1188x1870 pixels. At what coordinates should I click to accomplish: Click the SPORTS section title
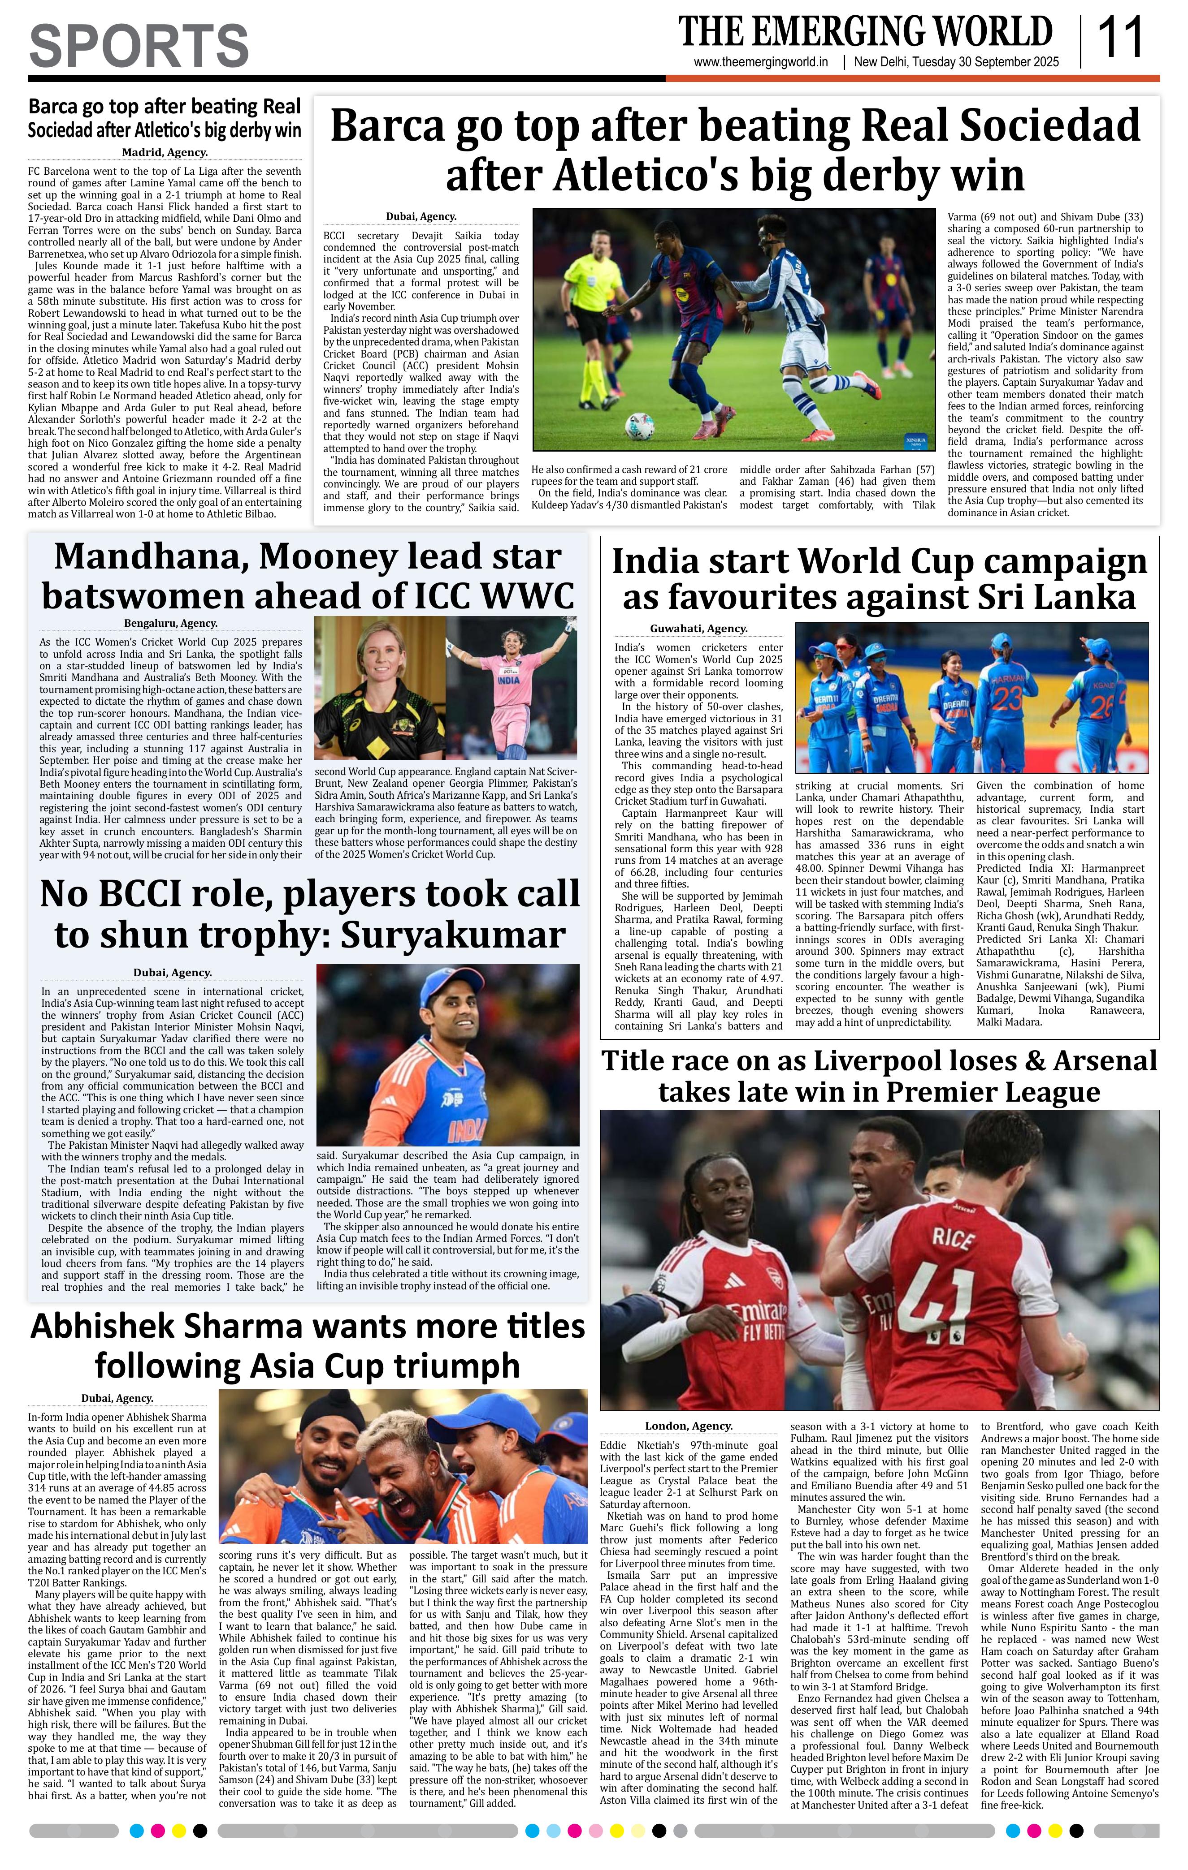139,46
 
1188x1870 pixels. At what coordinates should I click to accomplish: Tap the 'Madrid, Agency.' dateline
164,153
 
